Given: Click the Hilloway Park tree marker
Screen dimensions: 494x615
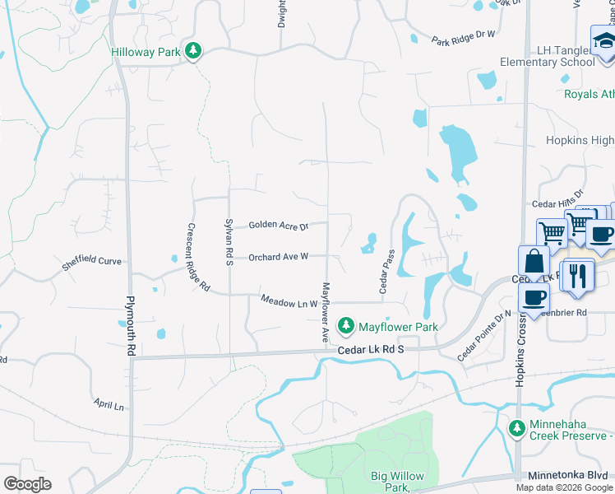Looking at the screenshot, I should [193, 52].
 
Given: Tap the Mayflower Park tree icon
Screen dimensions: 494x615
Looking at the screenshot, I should [347, 326].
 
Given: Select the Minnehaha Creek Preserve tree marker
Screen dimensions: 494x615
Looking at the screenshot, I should [516, 428].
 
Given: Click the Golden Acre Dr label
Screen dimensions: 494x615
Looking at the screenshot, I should [278, 225].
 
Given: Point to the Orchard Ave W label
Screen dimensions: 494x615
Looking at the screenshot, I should [278, 256].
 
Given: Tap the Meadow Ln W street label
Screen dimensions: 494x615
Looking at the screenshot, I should [289, 303].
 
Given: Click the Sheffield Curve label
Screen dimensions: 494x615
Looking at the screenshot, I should [91, 263].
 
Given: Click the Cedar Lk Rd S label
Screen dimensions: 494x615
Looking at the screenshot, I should [372, 350].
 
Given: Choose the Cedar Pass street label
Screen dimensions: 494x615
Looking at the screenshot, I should [384, 272].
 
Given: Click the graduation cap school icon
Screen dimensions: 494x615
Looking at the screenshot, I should [604, 40].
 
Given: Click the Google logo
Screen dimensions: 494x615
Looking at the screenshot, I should [27, 483].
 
